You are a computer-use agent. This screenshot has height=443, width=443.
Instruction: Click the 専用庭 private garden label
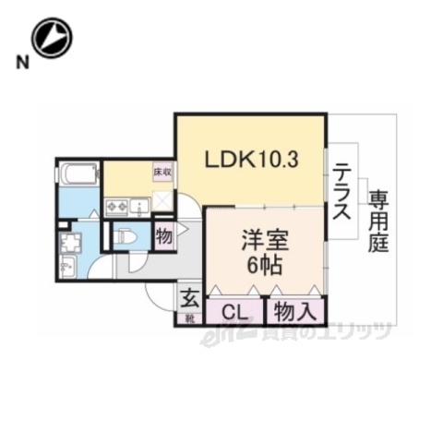(378, 221)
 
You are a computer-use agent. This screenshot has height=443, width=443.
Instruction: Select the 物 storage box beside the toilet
(164, 235)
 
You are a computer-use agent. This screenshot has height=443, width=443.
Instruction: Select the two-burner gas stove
(118, 207)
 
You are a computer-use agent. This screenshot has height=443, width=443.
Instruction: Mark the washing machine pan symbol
(72, 244)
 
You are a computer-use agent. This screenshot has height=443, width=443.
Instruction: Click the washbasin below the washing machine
(69, 267)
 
